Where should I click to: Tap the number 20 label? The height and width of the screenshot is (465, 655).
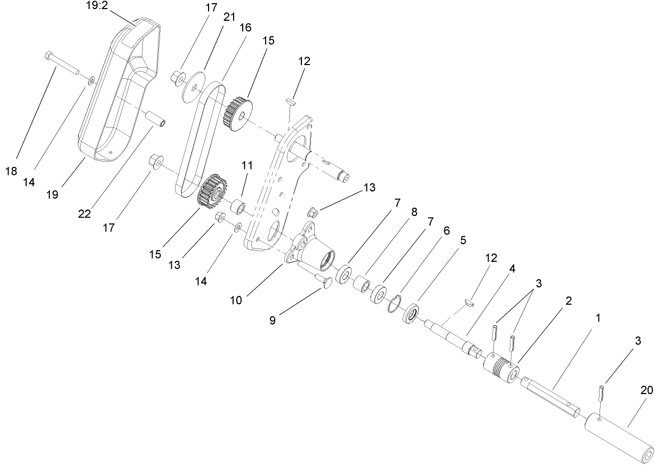(x=646, y=391)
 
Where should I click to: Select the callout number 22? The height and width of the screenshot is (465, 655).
(x=84, y=215)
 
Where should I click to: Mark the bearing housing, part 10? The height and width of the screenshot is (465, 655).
(x=315, y=250)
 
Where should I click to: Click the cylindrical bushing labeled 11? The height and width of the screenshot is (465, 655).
(x=238, y=206)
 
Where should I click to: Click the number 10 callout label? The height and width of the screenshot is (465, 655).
(x=236, y=300)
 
